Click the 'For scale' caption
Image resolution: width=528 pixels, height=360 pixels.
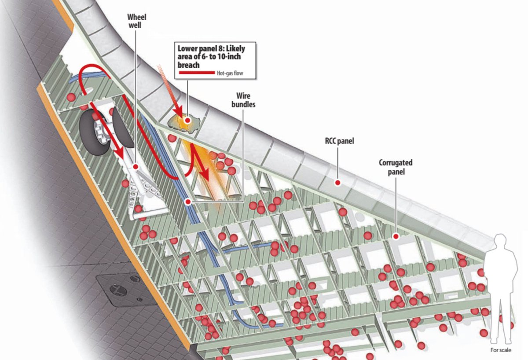pos(501,350)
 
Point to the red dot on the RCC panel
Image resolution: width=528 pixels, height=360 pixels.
pos(338,182)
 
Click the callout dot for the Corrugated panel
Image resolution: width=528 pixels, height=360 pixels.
pos(396,236)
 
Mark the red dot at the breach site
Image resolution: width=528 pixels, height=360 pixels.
pos(188,120)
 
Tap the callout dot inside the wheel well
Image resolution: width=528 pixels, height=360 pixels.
pos(136,167)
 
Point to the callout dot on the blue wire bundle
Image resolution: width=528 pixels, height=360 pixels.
pos(188,202)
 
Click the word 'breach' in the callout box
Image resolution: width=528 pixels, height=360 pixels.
pos(189,65)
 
